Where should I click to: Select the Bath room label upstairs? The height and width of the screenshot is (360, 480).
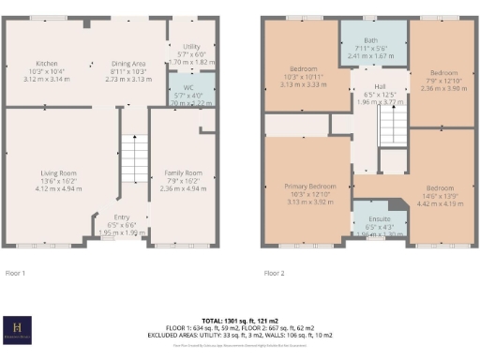(x=372, y=40)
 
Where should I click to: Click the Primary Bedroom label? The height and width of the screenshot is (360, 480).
(x=308, y=187)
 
